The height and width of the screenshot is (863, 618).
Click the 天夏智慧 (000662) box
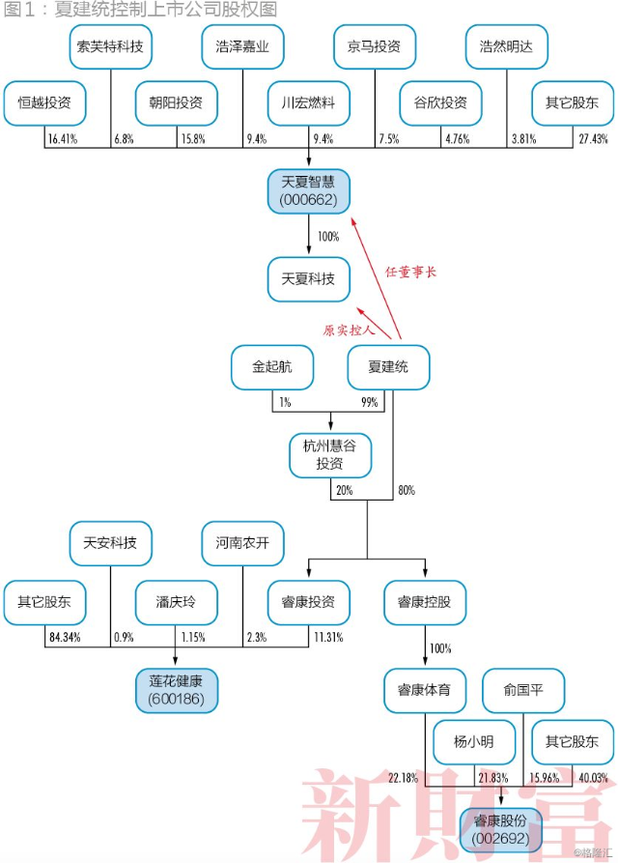click(x=308, y=191)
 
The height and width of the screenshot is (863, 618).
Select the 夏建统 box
click(x=388, y=367)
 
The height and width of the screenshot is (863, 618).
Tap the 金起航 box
click(x=272, y=367)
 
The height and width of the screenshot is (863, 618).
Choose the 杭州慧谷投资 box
click(x=330, y=455)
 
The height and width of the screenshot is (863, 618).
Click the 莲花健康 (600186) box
click(x=177, y=690)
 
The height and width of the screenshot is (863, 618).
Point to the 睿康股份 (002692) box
click(x=501, y=830)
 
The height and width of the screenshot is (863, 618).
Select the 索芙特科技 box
click(x=110, y=46)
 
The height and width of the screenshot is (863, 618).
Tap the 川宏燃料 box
click(x=308, y=102)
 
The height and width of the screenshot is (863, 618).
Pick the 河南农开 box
click(x=242, y=543)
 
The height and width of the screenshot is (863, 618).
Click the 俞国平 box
click(x=523, y=690)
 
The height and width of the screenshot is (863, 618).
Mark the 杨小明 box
click(x=474, y=742)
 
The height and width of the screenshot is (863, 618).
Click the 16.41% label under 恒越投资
click(x=63, y=139)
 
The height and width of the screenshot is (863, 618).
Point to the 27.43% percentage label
click(x=593, y=139)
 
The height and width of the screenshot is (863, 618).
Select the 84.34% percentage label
click(x=65, y=637)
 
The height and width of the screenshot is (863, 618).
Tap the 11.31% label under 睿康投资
click(x=328, y=637)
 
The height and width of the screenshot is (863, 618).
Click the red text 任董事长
click(x=410, y=272)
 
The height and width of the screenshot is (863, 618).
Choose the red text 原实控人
click(x=349, y=330)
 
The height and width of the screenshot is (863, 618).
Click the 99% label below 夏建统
click(x=370, y=402)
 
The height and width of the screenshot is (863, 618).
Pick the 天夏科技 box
click(x=308, y=279)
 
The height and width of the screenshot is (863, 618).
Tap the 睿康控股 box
click(x=425, y=602)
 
